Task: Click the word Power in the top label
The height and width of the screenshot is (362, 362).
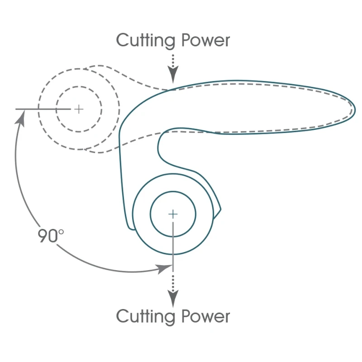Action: click(x=205, y=41)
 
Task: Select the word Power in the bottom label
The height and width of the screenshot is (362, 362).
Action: click(x=205, y=316)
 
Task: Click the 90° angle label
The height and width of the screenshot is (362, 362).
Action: click(x=51, y=236)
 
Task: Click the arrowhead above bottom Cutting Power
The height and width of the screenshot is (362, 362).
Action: click(x=173, y=298)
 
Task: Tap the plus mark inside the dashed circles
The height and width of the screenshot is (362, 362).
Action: click(x=79, y=109)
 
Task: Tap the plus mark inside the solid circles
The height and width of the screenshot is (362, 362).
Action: click(x=173, y=214)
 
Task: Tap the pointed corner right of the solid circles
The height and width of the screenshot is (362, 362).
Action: click(x=220, y=210)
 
